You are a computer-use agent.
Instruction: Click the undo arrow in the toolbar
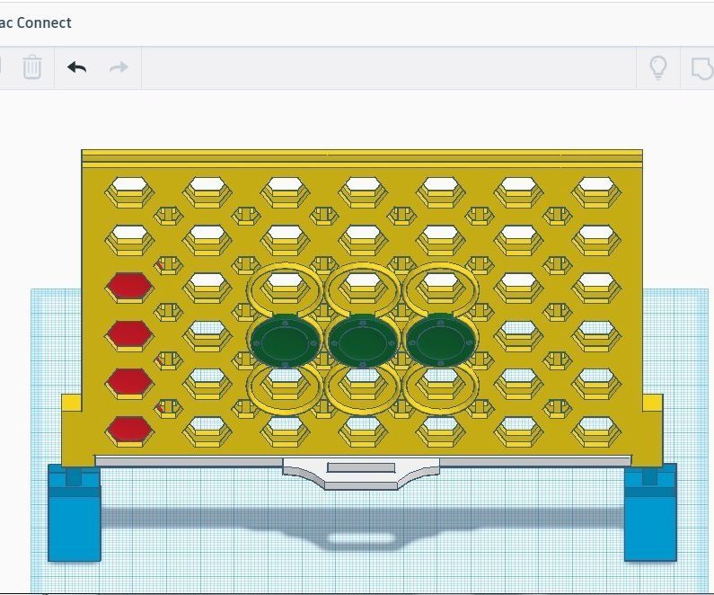(77, 67)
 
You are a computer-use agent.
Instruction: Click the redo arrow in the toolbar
(119, 67)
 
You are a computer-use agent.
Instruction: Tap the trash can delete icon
(32, 67)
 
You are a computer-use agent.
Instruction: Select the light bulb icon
(658, 67)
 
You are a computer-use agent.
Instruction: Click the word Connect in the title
(43, 22)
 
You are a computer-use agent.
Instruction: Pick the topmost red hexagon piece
(129, 287)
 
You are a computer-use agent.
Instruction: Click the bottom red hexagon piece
(129, 431)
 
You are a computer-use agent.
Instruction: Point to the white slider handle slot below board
(361, 467)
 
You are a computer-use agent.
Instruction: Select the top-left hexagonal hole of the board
(130, 191)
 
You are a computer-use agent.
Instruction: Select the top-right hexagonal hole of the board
(594, 191)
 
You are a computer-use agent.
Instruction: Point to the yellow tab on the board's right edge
(653, 404)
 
